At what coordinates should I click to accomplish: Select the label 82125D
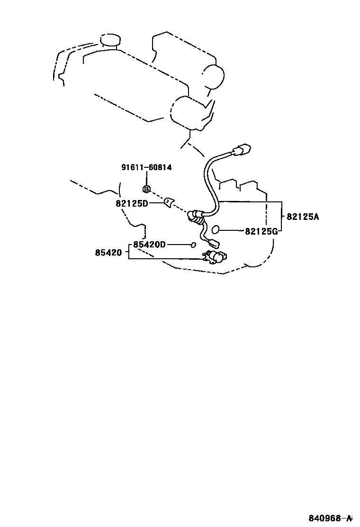[132, 203]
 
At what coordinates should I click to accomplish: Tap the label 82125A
[303, 217]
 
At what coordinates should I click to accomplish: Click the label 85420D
[149, 245]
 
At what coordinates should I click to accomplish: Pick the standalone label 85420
[108, 253]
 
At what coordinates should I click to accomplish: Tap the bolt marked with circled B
[146, 189]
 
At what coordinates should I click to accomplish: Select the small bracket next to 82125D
[168, 203]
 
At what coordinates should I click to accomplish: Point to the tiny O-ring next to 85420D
[193, 245]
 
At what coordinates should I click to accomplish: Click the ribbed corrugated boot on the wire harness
[196, 217]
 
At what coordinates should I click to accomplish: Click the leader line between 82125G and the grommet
[232, 231]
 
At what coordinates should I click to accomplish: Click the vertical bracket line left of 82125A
[282, 217]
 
